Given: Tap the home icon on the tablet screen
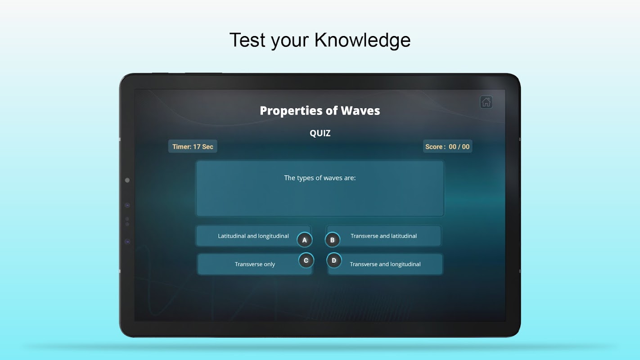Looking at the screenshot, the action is coord(486,102).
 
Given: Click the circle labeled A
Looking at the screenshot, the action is coord(304,240).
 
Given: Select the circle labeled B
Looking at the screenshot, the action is coord(332,240).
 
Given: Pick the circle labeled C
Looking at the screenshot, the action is coord(306,260).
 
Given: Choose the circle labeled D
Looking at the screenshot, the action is coord(334,260).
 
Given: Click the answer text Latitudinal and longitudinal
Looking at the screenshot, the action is coord(253,236).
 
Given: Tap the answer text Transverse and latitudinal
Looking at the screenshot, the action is coord(384,236).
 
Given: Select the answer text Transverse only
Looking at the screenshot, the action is coord(255,264).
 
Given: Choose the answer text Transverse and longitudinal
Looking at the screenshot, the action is coord(385,264).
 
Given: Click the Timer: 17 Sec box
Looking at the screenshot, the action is coord(193,147).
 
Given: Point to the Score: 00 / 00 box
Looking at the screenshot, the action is coord(447,147).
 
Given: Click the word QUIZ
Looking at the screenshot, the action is coord(320,133).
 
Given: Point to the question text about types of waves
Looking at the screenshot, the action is coord(320,178).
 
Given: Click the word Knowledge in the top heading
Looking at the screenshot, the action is coord(362,40).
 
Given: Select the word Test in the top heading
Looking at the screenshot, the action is coord(248,40).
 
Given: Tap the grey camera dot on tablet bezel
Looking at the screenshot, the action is coord(127,180).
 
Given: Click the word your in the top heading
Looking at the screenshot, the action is coord(290,42).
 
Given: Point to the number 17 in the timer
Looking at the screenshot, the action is coord(197,147).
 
